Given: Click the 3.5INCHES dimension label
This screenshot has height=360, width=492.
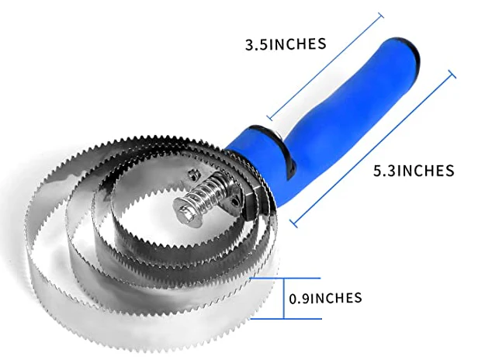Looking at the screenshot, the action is pos(286,44).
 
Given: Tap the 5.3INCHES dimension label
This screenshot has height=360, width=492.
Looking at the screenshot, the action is pos(414,171).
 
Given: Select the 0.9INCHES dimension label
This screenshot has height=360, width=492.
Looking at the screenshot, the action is pos(325,298).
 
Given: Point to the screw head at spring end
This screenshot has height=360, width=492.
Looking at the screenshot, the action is pos(185,212).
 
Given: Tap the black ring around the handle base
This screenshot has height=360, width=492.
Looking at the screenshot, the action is pos(274,144).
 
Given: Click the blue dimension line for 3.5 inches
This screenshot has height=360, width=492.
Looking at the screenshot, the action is pos(324,67).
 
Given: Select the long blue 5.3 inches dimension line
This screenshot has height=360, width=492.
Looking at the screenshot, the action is pos(372,149).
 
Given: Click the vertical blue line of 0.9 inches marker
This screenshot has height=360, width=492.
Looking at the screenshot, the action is pos(284,298).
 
